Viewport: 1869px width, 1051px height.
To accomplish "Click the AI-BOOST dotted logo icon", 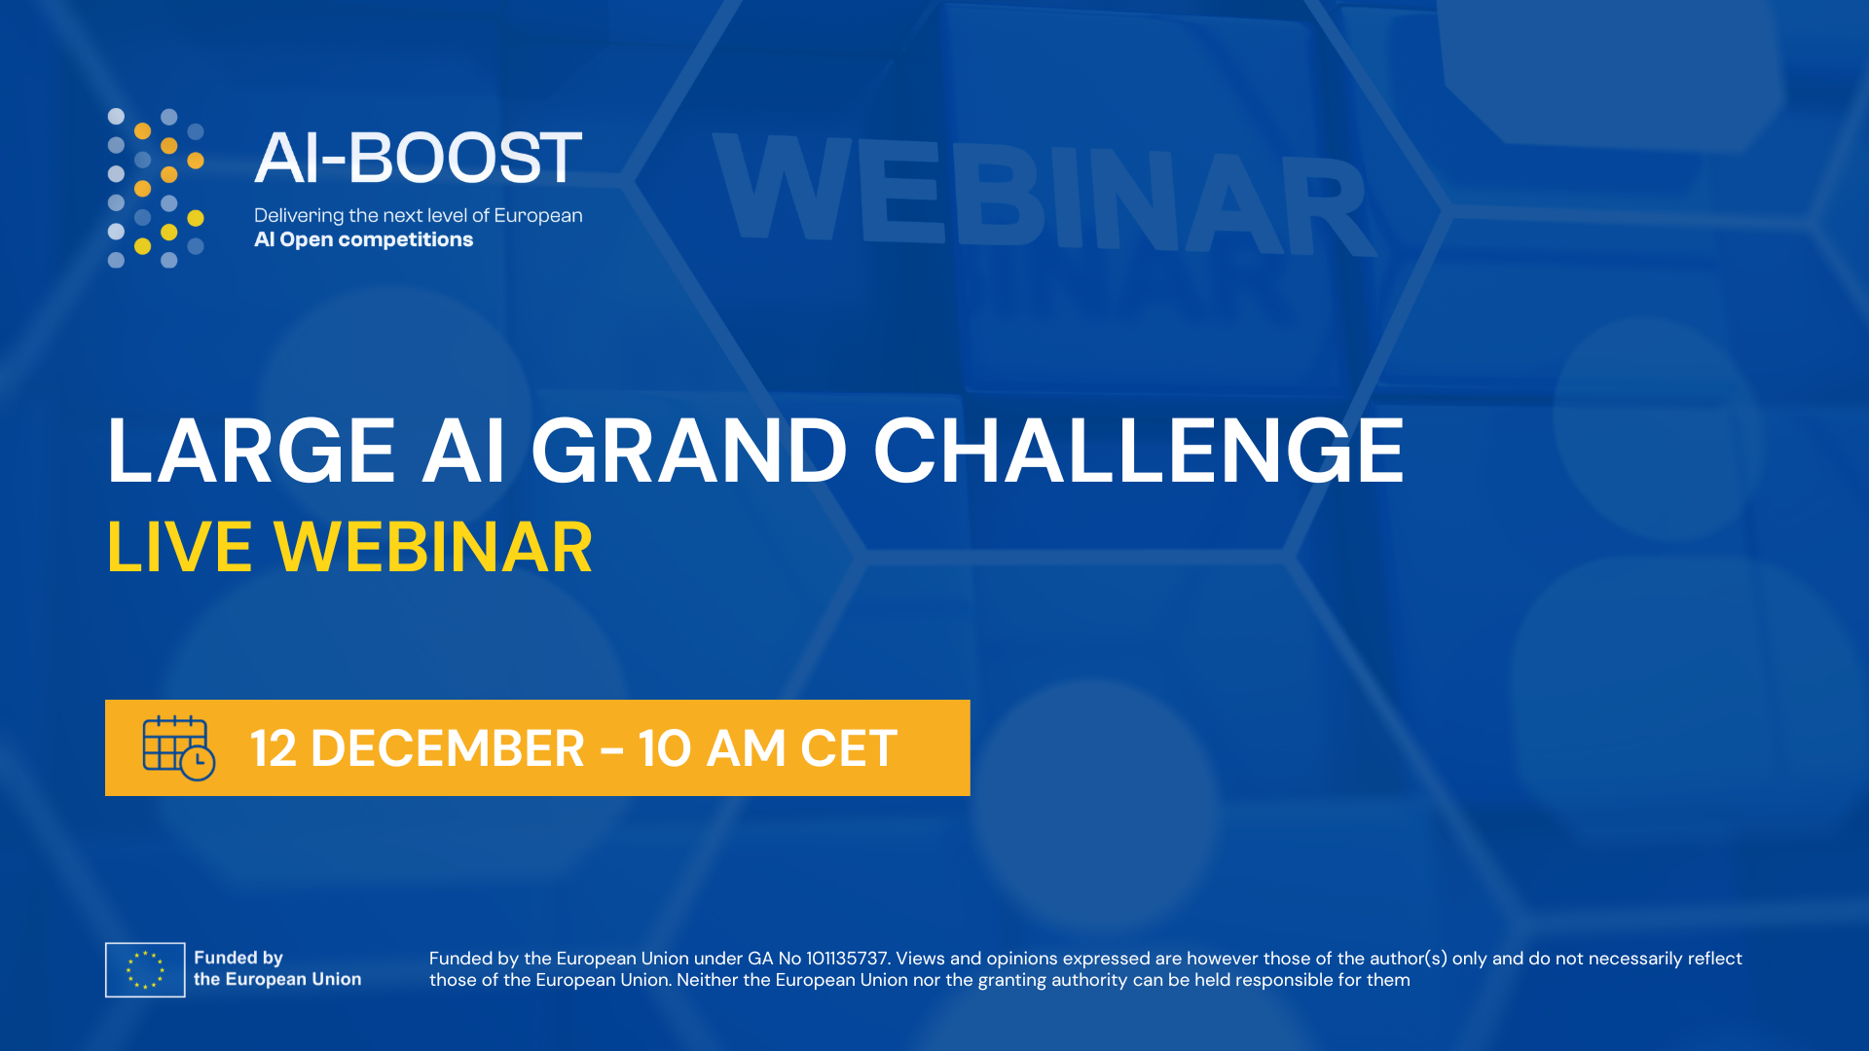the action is [x=156, y=188].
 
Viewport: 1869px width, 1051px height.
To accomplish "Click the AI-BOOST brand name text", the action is [x=419, y=158].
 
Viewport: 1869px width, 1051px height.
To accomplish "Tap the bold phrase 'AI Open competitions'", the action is [x=363, y=239].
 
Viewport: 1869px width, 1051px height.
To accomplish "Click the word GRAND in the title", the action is [x=689, y=451].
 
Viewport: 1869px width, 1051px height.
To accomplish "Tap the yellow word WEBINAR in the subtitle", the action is [x=433, y=547].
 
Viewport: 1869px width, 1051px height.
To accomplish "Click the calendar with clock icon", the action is [x=179, y=748].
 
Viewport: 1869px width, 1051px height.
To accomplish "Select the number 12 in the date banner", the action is [x=274, y=748].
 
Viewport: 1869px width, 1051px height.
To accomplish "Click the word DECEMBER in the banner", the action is [x=448, y=748].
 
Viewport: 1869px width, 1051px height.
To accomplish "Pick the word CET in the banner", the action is [x=849, y=748].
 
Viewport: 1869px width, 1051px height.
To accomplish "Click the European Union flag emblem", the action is [x=145, y=969].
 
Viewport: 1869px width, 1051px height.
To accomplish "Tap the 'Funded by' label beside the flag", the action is [x=238, y=958].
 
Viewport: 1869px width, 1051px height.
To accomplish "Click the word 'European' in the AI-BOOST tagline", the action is [x=538, y=216].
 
